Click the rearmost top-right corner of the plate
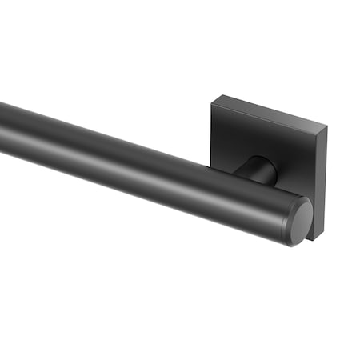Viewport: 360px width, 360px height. point(327,126)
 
